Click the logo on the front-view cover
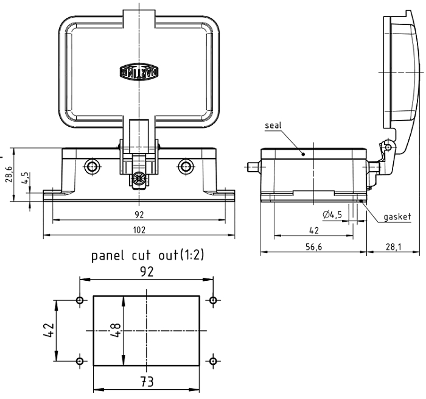click(x=139, y=71)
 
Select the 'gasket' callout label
click(x=397, y=216)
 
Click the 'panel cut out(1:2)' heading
click(x=148, y=255)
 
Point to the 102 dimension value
click(x=139, y=229)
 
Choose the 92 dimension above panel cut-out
click(x=146, y=272)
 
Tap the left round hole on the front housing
click(x=92, y=166)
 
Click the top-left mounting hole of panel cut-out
click(x=80, y=300)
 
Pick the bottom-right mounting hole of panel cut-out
click(x=212, y=361)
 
